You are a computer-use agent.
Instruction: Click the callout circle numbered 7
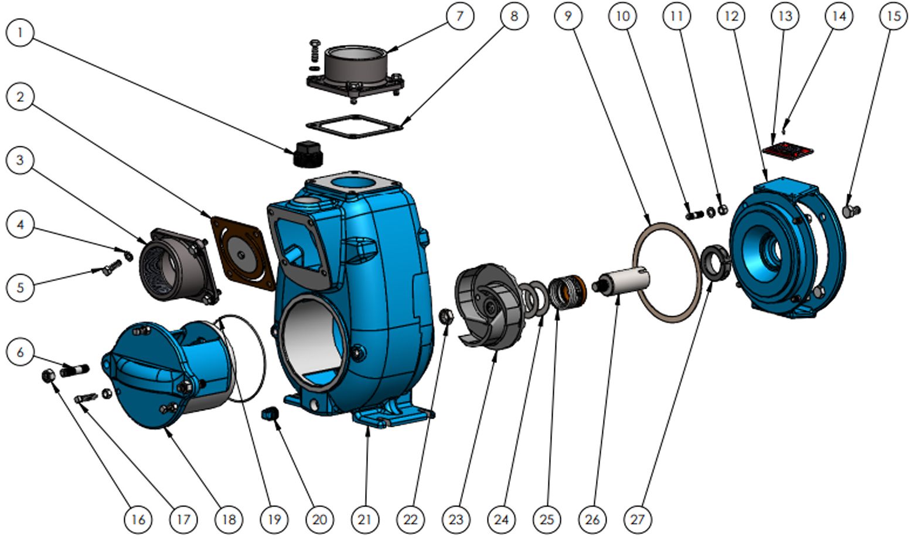(x=460, y=16)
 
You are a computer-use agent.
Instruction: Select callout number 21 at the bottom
(x=365, y=519)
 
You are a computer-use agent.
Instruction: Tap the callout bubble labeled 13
(x=785, y=16)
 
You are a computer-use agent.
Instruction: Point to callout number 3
(x=20, y=160)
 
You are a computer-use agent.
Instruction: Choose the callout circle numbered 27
(x=638, y=519)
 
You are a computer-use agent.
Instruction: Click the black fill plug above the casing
(x=308, y=154)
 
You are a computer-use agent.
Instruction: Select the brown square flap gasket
(x=243, y=254)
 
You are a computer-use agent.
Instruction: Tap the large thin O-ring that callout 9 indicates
(x=667, y=272)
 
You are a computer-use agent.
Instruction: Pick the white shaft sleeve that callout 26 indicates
(x=621, y=281)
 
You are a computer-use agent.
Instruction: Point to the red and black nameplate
(x=788, y=150)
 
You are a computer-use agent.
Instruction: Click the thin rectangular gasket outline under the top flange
(x=355, y=126)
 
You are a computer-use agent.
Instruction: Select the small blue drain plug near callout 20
(x=270, y=413)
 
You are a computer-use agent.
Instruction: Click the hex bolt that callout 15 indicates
(x=851, y=211)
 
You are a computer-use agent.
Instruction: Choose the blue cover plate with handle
(x=168, y=374)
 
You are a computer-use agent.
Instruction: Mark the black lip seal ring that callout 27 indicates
(x=715, y=262)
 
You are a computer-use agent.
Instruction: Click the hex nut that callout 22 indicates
(x=446, y=316)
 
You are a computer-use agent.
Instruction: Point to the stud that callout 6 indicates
(x=74, y=370)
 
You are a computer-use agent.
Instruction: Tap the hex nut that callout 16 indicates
(x=49, y=376)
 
